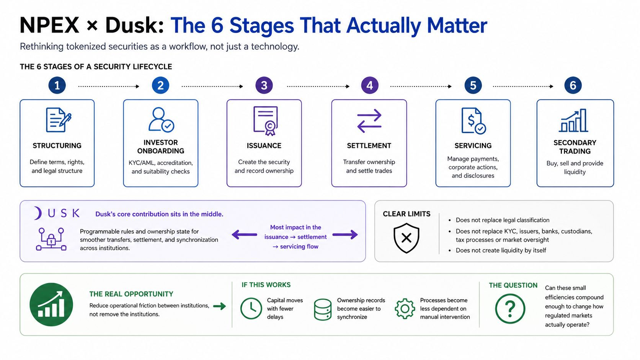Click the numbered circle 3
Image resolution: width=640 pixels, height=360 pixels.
point(264,85)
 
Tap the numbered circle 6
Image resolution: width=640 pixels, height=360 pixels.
point(573,85)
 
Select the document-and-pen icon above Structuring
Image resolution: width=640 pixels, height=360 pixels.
point(59,120)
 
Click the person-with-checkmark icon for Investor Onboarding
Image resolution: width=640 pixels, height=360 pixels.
point(161,120)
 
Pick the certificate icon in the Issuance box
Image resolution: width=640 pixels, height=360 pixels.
point(265,121)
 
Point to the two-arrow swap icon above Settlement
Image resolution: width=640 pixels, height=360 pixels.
point(369,121)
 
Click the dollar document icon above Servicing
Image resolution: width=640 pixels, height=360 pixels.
point(473,121)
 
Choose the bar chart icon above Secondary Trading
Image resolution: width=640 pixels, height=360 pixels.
point(573,120)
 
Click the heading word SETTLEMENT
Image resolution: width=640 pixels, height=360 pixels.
point(369,146)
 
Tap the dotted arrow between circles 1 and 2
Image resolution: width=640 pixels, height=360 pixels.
point(109,86)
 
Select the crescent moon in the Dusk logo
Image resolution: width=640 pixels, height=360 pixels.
point(38,213)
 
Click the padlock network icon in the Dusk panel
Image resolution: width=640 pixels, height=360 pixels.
point(51,239)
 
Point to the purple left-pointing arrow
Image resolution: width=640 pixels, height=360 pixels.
point(244,235)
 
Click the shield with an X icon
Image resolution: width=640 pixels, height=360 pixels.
point(406,238)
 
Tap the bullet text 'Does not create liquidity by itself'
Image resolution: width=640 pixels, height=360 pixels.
point(501,250)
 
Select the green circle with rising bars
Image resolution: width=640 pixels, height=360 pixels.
point(51,305)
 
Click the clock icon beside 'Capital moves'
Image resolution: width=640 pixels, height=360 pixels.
point(251,309)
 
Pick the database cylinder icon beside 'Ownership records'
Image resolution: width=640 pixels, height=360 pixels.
point(323,310)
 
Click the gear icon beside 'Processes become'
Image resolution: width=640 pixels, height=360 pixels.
point(405,309)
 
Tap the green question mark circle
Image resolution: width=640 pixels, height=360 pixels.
point(510,309)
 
